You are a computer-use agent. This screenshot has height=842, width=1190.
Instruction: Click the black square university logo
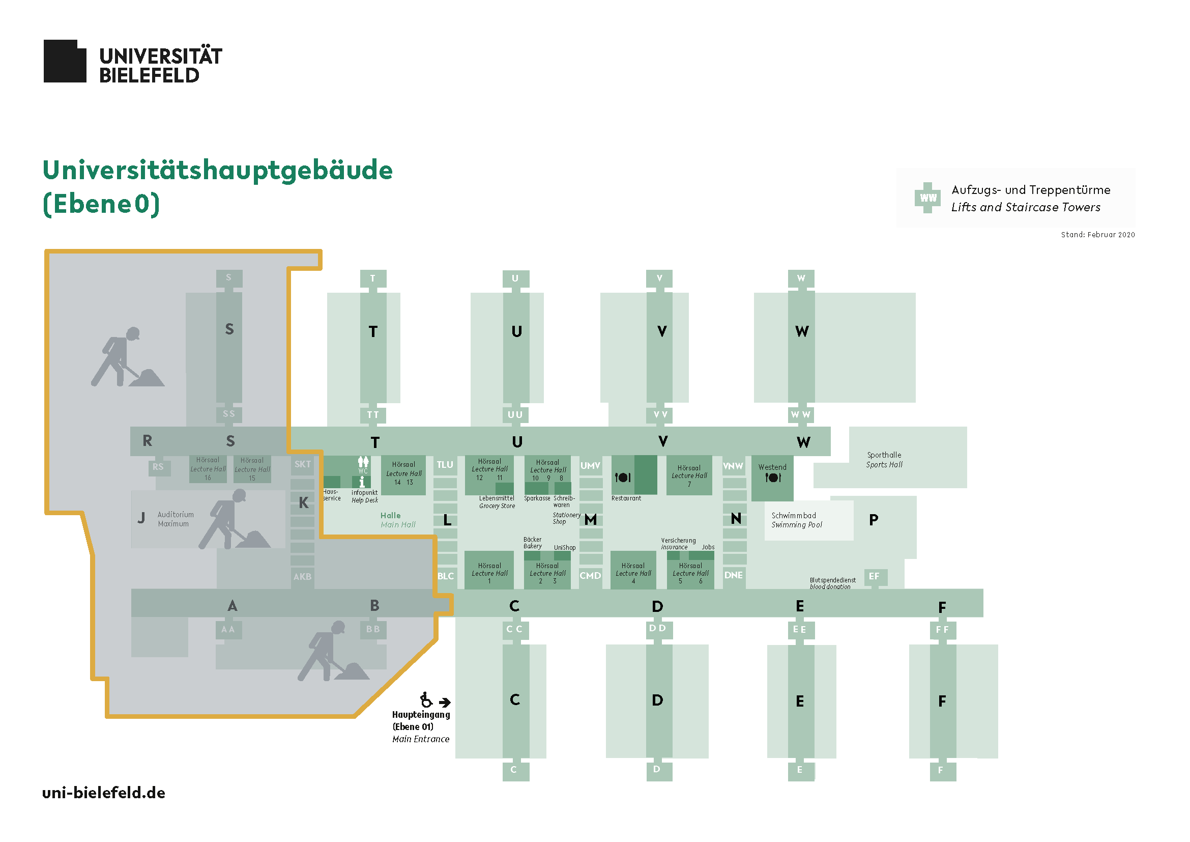click(x=65, y=61)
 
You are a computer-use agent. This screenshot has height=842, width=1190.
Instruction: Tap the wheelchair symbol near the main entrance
click(x=426, y=700)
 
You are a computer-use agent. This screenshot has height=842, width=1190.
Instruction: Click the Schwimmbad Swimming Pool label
click(x=796, y=520)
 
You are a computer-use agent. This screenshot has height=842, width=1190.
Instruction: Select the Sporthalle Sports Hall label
click(x=884, y=460)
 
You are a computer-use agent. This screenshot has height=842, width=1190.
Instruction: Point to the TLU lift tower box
click(x=445, y=465)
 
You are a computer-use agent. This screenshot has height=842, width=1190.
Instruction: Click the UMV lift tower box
click(x=590, y=466)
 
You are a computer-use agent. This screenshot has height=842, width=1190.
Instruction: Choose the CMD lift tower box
click(x=590, y=576)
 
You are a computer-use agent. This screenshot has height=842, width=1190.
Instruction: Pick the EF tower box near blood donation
click(x=875, y=577)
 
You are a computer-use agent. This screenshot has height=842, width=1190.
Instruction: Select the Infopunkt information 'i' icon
click(x=362, y=482)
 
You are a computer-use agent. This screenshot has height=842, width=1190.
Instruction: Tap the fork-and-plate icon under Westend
click(x=773, y=478)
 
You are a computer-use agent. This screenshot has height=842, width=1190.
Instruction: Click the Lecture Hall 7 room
click(x=689, y=475)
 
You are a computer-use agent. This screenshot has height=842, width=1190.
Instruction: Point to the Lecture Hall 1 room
click(x=489, y=570)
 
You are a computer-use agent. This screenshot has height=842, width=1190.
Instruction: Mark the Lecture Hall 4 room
click(x=633, y=570)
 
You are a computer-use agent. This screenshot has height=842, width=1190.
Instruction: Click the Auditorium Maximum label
click(x=176, y=519)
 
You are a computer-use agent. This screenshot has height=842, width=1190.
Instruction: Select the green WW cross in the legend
click(x=928, y=198)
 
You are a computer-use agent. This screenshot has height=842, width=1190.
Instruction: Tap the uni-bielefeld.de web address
click(x=104, y=793)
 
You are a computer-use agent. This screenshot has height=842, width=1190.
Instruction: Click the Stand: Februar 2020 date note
click(x=1098, y=235)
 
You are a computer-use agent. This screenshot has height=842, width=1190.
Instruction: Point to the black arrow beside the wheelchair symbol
click(x=445, y=703)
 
